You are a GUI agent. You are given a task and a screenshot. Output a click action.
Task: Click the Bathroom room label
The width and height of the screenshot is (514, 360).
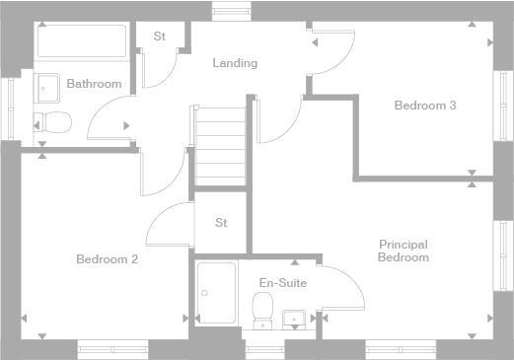94,84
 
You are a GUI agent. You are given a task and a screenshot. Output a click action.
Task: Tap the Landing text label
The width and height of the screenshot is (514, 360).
235,63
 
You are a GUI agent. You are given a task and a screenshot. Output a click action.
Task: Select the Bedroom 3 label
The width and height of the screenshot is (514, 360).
424,106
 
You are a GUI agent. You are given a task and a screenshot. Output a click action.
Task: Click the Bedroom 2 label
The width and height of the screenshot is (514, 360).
107,259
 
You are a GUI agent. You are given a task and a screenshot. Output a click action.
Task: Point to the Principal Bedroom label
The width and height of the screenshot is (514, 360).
404,251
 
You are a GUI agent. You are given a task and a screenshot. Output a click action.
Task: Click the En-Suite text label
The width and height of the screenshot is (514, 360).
283,283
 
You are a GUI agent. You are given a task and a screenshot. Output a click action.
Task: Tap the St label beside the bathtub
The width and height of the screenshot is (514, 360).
159,37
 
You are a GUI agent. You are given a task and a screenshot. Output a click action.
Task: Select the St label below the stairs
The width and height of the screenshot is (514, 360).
221,223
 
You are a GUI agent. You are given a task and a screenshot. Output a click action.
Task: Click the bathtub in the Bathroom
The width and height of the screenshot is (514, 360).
81,42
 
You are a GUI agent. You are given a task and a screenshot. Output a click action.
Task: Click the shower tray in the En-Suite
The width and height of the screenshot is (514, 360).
216,292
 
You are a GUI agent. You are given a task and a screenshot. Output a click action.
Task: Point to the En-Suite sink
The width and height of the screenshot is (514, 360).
293,318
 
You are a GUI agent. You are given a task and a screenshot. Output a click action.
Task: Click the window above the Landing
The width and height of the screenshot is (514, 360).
232,11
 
